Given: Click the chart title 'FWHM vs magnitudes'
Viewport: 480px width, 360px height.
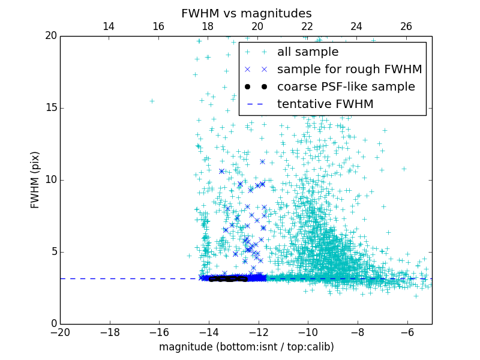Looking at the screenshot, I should point(246,13).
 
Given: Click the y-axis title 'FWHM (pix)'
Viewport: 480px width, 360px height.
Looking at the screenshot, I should point(35,179).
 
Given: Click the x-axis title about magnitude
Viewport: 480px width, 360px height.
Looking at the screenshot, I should point(246,347).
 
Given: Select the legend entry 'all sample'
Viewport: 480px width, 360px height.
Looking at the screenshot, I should point(307,52).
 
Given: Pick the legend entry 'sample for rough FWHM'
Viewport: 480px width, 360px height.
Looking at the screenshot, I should point(349,69).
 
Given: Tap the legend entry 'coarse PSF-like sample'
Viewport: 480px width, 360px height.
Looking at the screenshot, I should point(346,86).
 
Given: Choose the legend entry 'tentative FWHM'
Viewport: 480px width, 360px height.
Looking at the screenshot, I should point(325,104).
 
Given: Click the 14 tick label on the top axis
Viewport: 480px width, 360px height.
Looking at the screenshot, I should point(109,26).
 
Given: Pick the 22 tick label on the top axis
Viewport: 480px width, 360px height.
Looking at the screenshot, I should point(307,26).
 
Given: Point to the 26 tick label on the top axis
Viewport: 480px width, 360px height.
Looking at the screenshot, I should point(406,26).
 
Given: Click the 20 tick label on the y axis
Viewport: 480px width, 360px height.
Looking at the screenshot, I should point(50,36).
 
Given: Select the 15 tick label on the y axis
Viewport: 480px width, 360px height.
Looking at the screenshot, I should point(50,108).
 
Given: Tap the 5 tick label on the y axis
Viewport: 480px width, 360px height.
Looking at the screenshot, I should point(53,252).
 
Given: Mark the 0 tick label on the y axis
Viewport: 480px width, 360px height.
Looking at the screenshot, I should point(53,324).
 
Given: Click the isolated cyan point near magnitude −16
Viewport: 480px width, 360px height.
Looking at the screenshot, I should point(152,101).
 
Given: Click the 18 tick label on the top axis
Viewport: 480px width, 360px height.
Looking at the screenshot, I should point(208,26).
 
